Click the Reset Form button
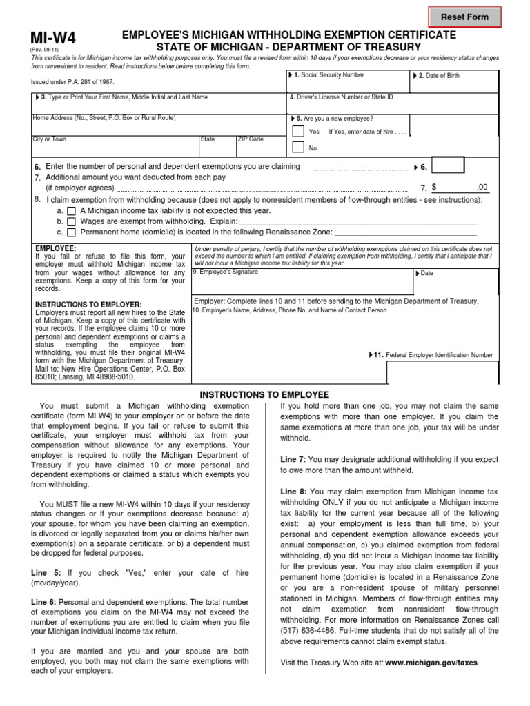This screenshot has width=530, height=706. (464, 17)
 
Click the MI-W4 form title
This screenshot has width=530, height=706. (52, 39)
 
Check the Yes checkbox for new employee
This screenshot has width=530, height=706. (297, 131)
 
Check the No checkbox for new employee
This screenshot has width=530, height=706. (297, 147)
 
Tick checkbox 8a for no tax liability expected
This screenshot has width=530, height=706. (72, 210)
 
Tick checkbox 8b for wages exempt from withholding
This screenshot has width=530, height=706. (72, 221)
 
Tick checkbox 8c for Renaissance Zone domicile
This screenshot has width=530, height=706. (72, 232)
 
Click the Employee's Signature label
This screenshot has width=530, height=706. (225, 272)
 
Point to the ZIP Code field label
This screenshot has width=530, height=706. (251, 139)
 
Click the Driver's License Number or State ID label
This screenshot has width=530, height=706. (341, 97)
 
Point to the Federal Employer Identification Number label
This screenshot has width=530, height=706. (439, 355)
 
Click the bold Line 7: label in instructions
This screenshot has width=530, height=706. (293, 458)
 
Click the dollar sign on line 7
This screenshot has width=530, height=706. (434, 187)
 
